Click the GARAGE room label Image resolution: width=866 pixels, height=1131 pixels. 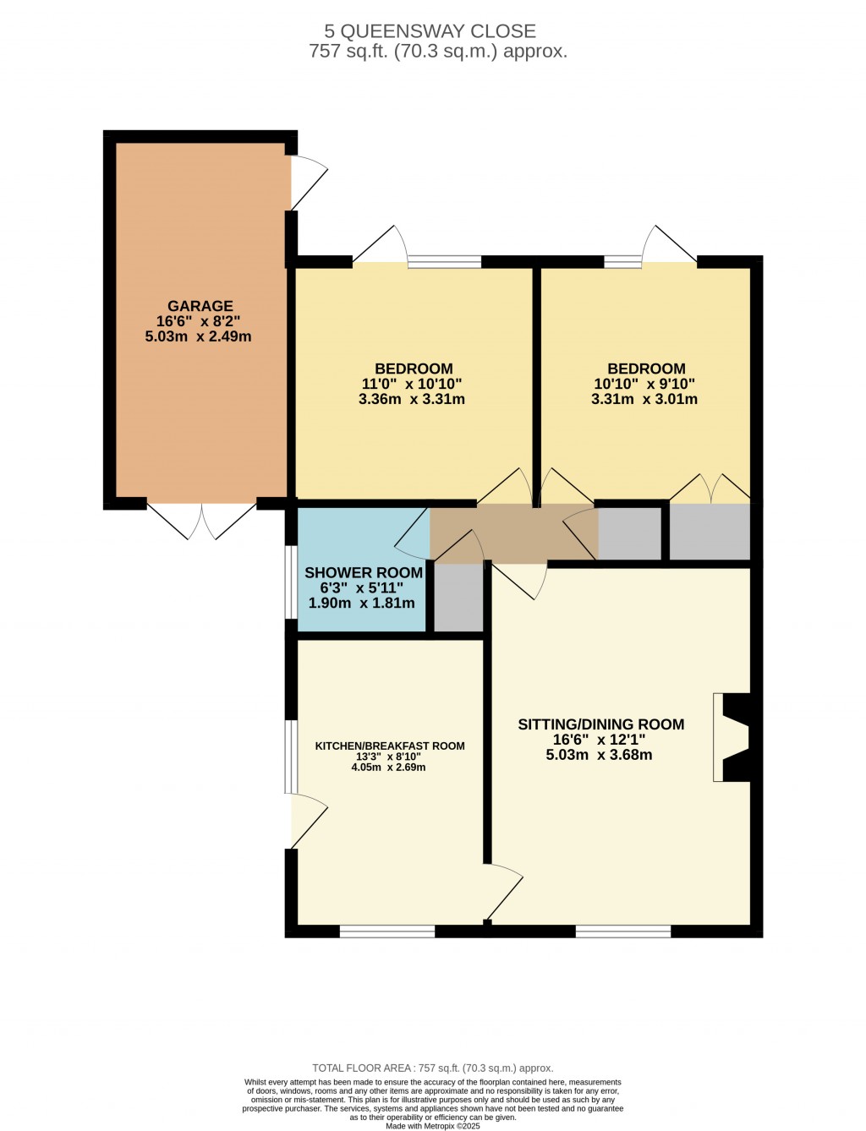(200, 306)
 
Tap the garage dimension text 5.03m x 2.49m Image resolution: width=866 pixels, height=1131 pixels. (199, 337)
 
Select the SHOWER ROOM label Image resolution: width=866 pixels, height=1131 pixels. (364, 572)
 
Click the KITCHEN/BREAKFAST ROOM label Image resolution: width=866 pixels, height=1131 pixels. (390, 746)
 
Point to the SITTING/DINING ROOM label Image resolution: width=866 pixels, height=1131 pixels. (601, 724)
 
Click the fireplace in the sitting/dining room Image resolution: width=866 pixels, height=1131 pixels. (731, 737)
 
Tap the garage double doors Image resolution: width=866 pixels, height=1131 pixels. (202, 521)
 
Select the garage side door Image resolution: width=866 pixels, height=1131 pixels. (308, 183)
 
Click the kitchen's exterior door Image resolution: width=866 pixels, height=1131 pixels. (308, 820)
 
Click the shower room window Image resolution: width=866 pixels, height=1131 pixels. (291, 582)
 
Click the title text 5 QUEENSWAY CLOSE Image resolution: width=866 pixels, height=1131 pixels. (430, 31)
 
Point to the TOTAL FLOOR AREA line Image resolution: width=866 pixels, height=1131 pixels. (433, 1068)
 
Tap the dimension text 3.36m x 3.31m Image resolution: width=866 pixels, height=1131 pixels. (412, 399)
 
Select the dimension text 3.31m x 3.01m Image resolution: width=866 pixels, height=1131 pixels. (644, 399)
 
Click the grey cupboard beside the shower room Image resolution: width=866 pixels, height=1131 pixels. (458, 597)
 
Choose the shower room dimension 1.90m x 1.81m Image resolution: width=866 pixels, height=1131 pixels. (361, 603)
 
